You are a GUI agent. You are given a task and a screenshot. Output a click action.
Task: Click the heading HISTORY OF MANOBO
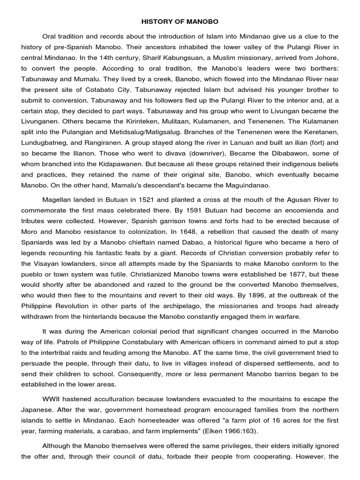[x=180, y=22]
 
